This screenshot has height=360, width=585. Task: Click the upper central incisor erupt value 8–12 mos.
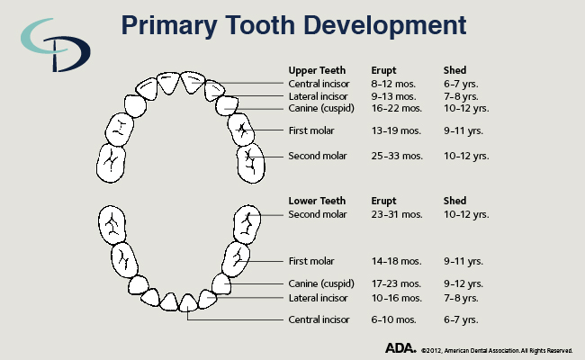(394, 83)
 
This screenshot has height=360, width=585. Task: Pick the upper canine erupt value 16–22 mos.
(397, 108)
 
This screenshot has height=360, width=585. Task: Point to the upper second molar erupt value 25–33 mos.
(397, 156)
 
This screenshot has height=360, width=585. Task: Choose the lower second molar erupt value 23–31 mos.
(397, 214)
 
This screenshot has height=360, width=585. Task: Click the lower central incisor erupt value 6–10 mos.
(394, 319)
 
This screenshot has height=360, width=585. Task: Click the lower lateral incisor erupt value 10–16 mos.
(397, 298)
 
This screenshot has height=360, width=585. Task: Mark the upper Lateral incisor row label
(319, 95)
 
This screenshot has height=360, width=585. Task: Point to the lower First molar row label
(311, 261)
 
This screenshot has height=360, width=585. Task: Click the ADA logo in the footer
(400, 347)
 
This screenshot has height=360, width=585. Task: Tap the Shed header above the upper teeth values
(455, 69)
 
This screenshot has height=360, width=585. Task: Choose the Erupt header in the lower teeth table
(384, 200)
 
